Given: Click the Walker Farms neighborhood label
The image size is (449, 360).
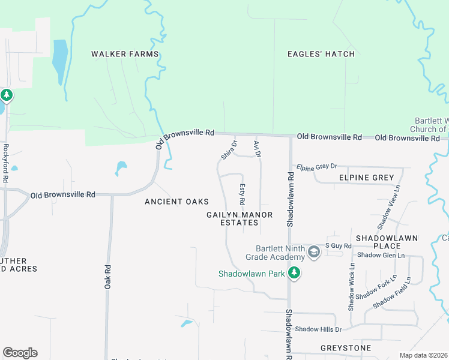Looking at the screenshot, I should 125,54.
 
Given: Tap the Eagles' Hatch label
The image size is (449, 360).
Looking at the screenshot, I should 321,54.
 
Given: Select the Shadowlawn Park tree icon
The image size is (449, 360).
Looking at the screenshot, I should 294,274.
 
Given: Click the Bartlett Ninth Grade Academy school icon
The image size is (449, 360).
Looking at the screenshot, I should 313,253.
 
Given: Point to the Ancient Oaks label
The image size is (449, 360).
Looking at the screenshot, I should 176,202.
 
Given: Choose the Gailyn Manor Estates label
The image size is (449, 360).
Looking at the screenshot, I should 240,218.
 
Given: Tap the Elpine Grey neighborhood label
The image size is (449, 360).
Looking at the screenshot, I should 366,178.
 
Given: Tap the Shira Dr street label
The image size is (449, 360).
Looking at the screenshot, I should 229,150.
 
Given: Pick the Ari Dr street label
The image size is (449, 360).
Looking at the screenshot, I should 258,148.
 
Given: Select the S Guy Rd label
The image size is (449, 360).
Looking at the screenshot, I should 338,245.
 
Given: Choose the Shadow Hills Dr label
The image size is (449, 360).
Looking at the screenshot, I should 318,329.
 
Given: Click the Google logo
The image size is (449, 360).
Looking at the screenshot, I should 20,353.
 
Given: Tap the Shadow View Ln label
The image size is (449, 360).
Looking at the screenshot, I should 389,207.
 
